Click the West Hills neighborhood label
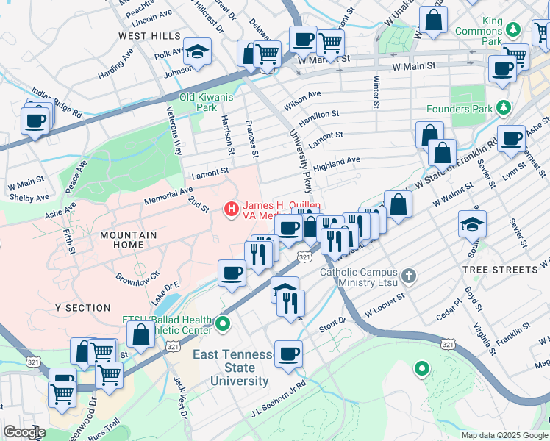point(149,35)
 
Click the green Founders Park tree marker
point(504,109)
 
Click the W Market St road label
point(318,61)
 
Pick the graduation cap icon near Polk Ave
point(197,51)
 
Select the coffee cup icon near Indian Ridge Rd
point(35,120)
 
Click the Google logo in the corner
point(24,432)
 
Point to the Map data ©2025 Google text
point(504,435)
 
